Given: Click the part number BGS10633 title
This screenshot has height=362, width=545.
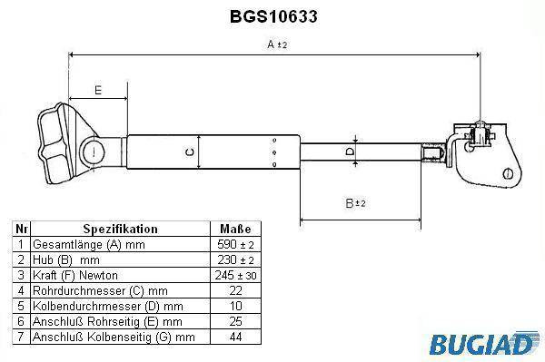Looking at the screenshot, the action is coord(273,16).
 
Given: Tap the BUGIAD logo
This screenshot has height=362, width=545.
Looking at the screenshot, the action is coord(483,344).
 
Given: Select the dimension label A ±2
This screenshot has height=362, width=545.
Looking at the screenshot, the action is coord(277,44).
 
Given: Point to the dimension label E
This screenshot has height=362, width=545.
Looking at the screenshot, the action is coord(98,90).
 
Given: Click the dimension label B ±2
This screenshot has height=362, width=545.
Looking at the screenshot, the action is coord(355,203).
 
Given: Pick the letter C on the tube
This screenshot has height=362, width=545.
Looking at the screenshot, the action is coord(190,152).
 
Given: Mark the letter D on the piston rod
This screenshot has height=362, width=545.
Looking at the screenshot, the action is coord(350,152).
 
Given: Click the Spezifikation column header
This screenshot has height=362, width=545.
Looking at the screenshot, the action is coord(120,229).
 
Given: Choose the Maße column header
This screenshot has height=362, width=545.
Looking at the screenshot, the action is coord(235,229).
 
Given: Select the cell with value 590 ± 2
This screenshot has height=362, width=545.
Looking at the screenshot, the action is coord(235,244).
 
